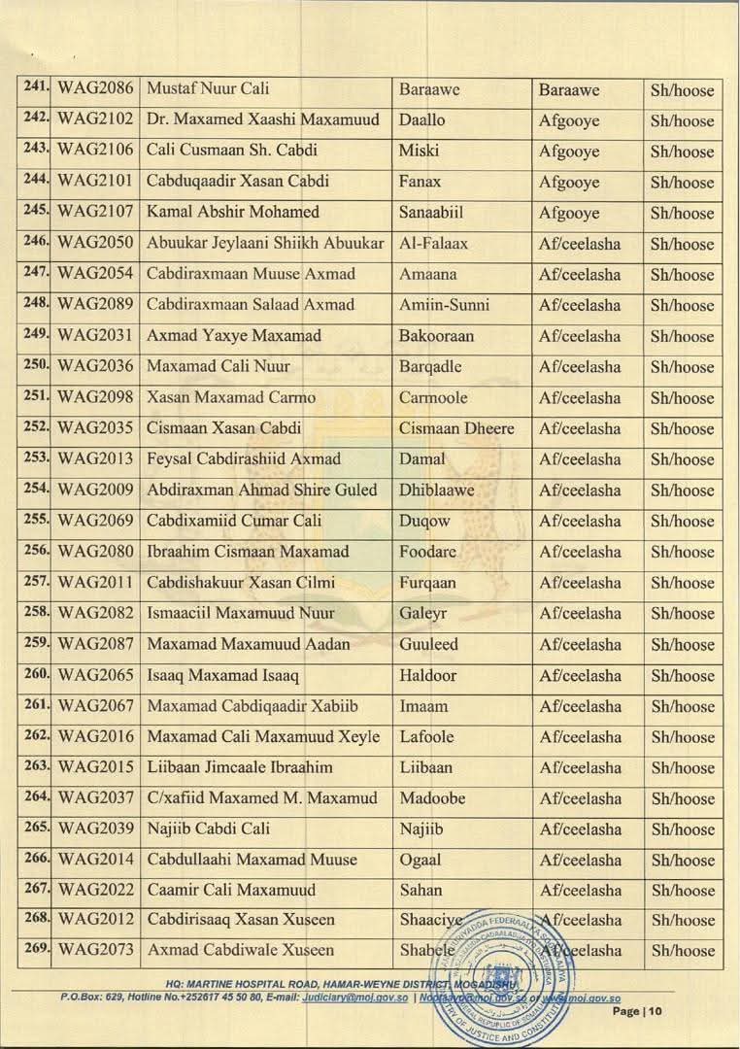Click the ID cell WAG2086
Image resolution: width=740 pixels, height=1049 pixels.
click(95, 89)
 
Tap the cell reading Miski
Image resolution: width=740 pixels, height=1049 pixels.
click(419, 151)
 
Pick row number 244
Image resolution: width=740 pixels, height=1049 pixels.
click(36, 181)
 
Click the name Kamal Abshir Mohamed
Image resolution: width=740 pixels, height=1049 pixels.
click(232, 212)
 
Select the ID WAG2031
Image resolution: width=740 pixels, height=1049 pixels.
click(95, 335)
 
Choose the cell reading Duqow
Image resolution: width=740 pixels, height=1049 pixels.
click(425, 521)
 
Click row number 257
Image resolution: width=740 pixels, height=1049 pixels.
click(36, 582)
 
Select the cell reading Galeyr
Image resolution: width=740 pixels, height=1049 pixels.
click(422, 613)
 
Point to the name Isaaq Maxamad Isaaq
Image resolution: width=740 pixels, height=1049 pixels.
click(222, 675)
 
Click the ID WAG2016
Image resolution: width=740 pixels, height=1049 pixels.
click(95, 736)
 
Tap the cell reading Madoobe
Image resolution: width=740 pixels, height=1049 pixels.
click(432, 798)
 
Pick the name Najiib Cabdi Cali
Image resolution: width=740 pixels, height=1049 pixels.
click(208, 829)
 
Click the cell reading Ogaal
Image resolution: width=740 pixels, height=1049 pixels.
click(420, 860)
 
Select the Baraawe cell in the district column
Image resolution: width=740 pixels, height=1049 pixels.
click(569, 89)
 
